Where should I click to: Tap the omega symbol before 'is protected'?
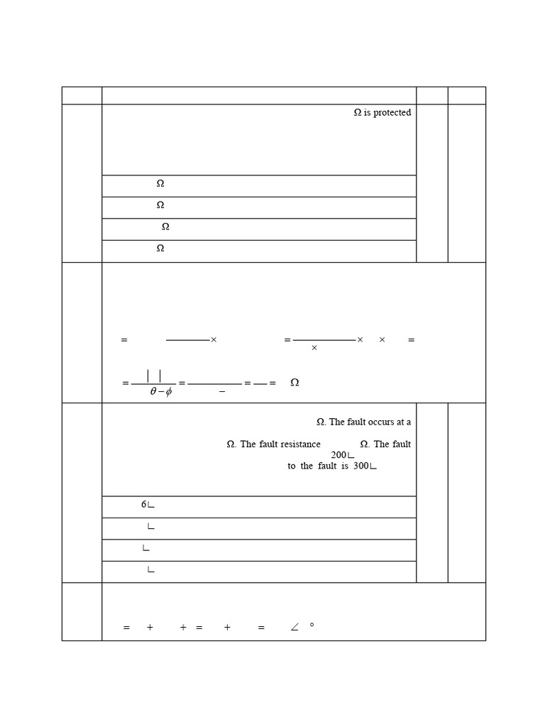point(358,113)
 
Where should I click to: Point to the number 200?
point(338,455)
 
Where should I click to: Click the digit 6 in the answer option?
point(143,505)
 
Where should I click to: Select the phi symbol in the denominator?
point(168,392)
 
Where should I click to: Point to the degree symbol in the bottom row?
point(312,625)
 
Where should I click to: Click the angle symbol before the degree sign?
point(294,628)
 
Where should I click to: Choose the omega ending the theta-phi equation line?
point(294,383)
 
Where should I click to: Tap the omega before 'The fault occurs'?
point(321,422)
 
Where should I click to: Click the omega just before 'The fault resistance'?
point(231,444)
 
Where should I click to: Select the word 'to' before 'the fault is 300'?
point(292,466)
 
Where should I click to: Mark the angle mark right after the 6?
point(151,505)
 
